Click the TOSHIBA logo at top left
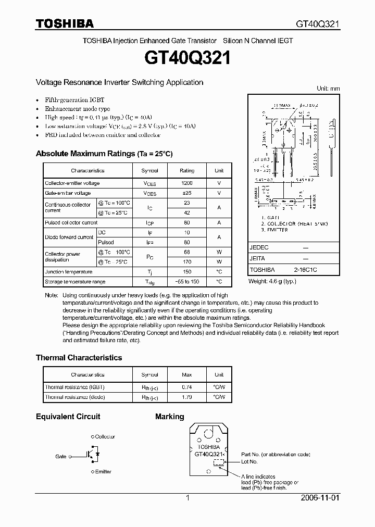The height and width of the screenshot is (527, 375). [65, 23]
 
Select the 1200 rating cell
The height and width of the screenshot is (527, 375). [186, 183]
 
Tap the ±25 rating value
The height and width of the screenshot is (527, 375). [186, 193]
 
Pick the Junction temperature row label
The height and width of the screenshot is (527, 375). [68, 272]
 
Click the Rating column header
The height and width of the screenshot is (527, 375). [186, 170]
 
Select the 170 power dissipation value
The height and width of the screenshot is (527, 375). [186, 262]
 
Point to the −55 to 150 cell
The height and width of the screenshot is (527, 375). [186, 282]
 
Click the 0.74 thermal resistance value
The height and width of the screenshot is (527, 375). [186, 387]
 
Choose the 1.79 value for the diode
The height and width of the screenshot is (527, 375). [186, 397]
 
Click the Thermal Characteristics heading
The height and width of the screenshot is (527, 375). [79, 358]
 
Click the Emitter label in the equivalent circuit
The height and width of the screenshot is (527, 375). [103, 472]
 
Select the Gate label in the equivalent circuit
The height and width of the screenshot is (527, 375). [60, 457]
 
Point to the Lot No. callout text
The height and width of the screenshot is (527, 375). [249, 461]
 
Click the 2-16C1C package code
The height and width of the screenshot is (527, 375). [305, 270]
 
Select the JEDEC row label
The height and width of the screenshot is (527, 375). [259, 247]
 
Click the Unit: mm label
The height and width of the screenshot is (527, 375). [328, 89]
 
